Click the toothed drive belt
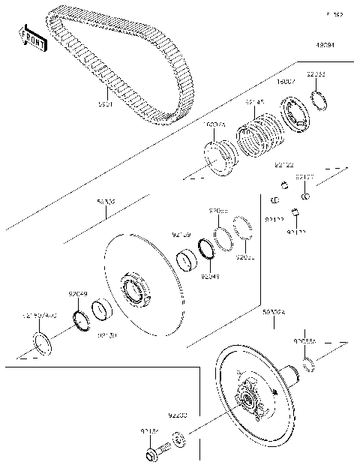point(112,71)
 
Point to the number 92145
point(254,102)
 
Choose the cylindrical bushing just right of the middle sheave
point(185,263)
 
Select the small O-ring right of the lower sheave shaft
point(309,366)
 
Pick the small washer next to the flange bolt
point(179,439)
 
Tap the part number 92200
point(177,413)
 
